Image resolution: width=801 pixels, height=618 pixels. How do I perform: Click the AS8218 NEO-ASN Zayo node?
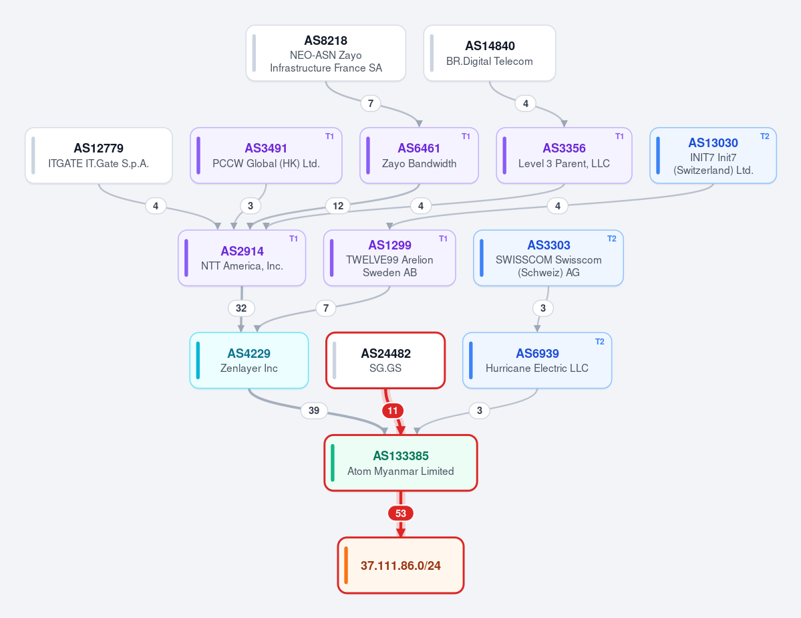click(x=326, y=54)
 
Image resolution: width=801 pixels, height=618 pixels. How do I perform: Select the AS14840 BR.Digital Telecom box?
click(x=490, y=54)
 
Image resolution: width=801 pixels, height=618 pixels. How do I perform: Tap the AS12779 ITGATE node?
click(x=99, y=156)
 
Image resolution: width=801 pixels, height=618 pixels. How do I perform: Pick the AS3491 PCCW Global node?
click(x=266, y=156)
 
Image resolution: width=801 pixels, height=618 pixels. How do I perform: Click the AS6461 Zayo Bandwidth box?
click(x=419, y=156)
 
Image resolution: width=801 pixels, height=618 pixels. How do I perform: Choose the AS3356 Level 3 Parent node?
click(x=564, y=156)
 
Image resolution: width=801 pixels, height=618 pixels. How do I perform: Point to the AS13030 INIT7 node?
click(x=713, y=156)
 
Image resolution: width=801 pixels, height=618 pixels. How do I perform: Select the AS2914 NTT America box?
click(x=242, y=258)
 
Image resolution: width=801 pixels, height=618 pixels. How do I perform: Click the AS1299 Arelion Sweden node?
click(x=389, y=258)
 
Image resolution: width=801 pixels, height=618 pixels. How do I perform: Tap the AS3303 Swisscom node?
click(x=548, y=258)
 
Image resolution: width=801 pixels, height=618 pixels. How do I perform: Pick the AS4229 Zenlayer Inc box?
click(x=249, y=360)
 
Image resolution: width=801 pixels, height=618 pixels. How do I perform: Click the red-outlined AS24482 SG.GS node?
click(x=385, y=360)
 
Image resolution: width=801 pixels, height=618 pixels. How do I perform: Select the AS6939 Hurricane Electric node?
click(x=537, y=360)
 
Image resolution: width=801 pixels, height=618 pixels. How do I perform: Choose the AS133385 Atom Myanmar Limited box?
click(x=401, y=463)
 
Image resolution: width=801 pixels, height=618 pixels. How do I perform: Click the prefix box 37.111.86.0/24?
click(x=401, y=565)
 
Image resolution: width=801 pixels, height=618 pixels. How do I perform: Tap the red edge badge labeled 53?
click(x=401, y=513)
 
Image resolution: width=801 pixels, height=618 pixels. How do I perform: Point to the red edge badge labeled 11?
click(x=392, y=410)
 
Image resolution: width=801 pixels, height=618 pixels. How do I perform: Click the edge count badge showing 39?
click(x=314, y=410)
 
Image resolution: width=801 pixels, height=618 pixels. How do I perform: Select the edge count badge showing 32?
click(x=241, y=308)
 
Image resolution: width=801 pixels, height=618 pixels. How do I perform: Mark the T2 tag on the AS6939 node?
click(x=600, y=342)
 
